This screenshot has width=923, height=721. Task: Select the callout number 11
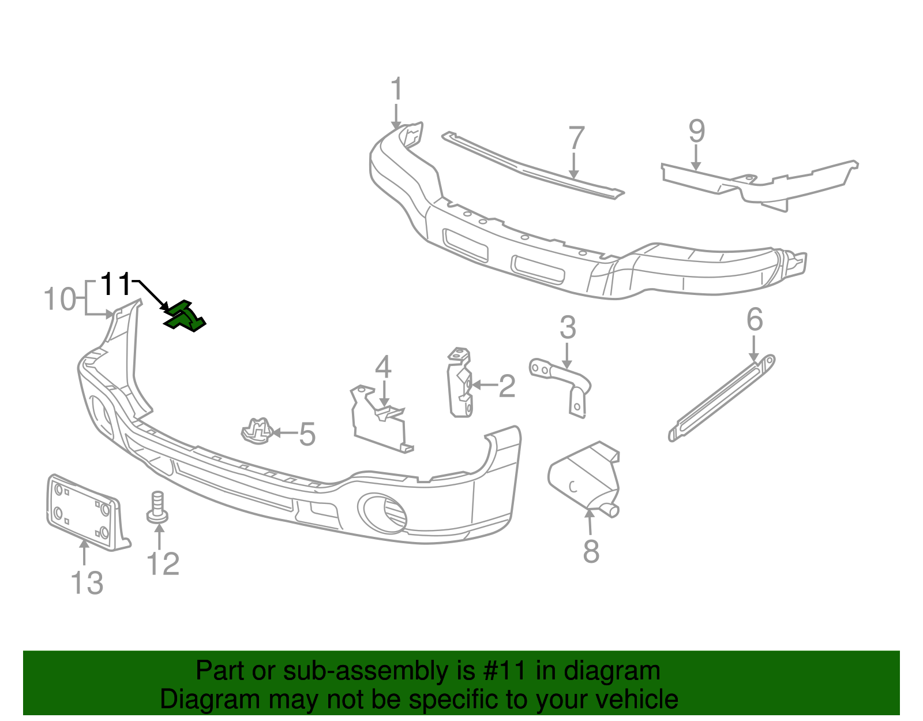pyautogui.click(x=116, y=284)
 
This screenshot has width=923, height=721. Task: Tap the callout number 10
pyautogui.click(x=60, y=300)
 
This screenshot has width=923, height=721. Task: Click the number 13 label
pyautogui.click(x=87, y=582)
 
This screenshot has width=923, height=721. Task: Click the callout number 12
pyautogui.click(x=163, y=564)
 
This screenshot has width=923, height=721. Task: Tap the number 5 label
pyautogui.click(x=307, y=434)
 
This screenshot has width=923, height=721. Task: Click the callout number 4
pyautogui.click(x=384, y=368)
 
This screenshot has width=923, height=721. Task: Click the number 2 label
pyautogui.click(x=506, y=386)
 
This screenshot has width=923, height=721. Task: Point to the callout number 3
pyautogui.click(x=568, y=328)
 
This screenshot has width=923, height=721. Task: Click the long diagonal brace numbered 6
pyautogui.click(x=721, y=398)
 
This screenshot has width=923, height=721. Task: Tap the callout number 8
pyautogui.click(x=591, y=551)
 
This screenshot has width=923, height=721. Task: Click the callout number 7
pyautogui.click(x=576, y=139)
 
